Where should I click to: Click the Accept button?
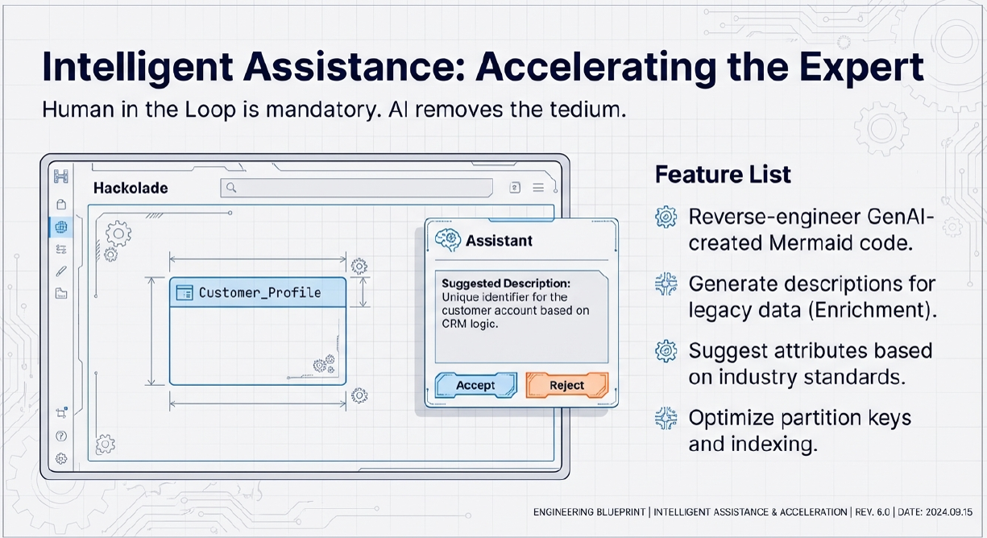pyautogui.click(x=475, y=386)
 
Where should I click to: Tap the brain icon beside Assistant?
pyautogui.click(x=447, y=239)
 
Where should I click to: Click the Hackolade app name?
pyautogui.click(x=131, y=188)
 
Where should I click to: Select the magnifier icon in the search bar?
pyautogui.click(x=231, y=188)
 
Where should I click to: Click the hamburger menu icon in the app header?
pyautogui.click(x=538, y=188)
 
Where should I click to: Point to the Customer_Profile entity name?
pyautogui.click(x=259, y=292)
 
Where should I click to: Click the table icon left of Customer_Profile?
pyautogui.click(x=184, y=292)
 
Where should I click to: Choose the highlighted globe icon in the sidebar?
pyautogui.click(x=60, y=226)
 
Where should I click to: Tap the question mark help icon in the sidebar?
pyautogui.click(x=61, y=436)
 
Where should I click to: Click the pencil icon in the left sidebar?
pyautogui.click(x=61, y=271)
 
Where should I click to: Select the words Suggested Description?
pyautogui.click(x=506, y=283)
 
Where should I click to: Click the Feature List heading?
pyautogui.click(x=723, y=174)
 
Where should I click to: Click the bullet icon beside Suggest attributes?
pyautogui.click(x=666, y=351)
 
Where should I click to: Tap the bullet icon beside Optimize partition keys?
pyautogui.click(x=666, y=418)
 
